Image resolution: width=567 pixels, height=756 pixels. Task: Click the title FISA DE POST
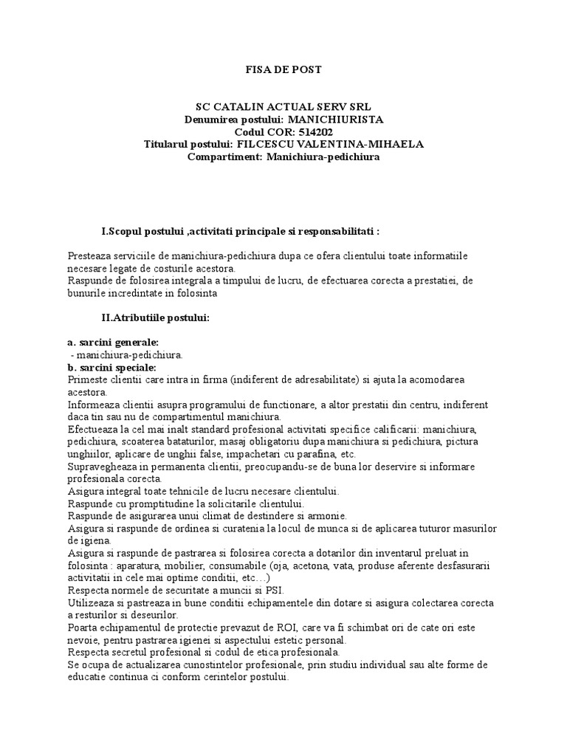(x=283, y=69)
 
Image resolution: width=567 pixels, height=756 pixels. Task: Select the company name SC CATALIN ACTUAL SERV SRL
(x=283, y=106)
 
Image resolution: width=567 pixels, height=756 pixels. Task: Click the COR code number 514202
(x=303, y=131)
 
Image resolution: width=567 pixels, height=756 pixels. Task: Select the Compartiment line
(x=283, y=157)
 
